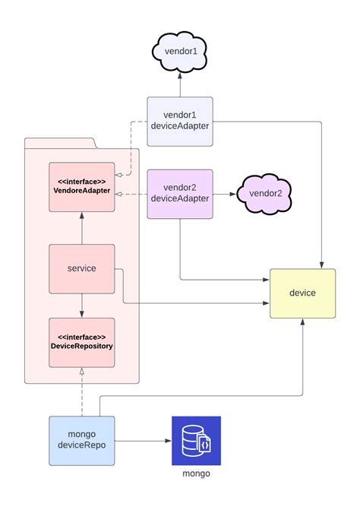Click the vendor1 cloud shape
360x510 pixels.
click(x=180, y=51)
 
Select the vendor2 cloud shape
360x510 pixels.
click(x=265, y=193)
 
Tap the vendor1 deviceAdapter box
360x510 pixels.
click(x=180, y=121)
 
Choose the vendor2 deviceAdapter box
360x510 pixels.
click(x=180, y=193)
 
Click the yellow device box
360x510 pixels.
click(x=302, y=293)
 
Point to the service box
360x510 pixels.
click(x=81, y=268)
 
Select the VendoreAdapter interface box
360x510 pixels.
click(x=81, y=187)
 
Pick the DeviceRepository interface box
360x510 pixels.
click(x=81, y=342)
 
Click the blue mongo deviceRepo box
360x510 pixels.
click(x=81, y=440)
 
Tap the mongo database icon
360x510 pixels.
click(x=196, y=440)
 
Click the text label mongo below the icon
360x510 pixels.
click(x=196, y=474)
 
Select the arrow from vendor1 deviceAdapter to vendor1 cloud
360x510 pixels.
click(x=180, y=84)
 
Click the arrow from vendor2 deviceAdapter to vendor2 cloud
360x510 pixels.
click(x=225, y=194)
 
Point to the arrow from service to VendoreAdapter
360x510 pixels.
click(x=81, y=228)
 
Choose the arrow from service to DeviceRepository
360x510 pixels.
click(x=81, y=305)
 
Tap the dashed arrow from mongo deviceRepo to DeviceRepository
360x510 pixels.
click(x=81, y=391)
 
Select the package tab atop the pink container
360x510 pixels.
click(x=59, y=143)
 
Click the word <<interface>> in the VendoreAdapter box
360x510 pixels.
click(x=81, y=182)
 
